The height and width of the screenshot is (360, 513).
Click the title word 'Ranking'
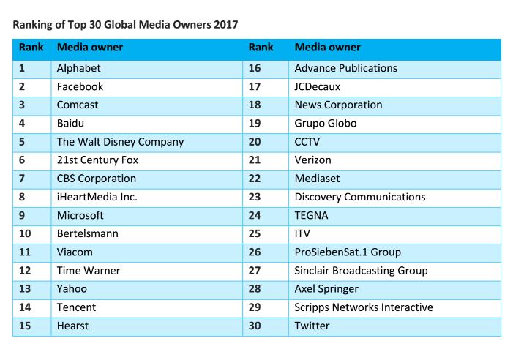(34, 25)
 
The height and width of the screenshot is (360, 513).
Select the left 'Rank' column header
(31, 48)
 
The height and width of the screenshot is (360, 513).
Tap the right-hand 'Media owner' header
(327, 48)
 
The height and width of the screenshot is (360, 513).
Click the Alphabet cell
(78, 68)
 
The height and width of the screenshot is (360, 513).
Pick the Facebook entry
(80, 86)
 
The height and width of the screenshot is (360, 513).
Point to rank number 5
(22, 141)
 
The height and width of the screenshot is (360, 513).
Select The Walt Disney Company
(120, 141)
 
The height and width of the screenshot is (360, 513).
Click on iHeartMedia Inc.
(97, 197)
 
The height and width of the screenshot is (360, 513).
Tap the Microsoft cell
(80, 215)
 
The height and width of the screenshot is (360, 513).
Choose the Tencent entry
(76, 307)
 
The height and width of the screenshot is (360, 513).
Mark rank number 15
(25, 326)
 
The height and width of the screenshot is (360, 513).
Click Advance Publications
(345, 68)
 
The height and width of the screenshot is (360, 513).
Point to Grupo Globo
(325, 123)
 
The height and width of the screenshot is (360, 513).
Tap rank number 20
(255, 141)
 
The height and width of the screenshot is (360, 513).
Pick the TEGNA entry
(311, 215)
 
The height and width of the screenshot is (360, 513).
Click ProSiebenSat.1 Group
(347, 252)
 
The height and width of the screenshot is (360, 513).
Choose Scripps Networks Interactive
(363, 307)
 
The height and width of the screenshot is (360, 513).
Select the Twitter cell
(312, 326)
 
